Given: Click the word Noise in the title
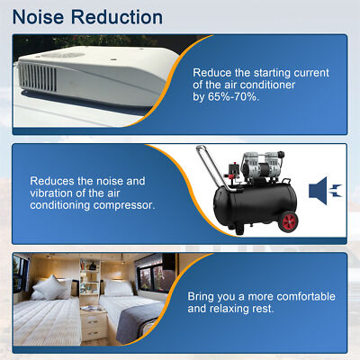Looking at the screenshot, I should [x=41, y=17].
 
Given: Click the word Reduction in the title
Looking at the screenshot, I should [x=118, y=17].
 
